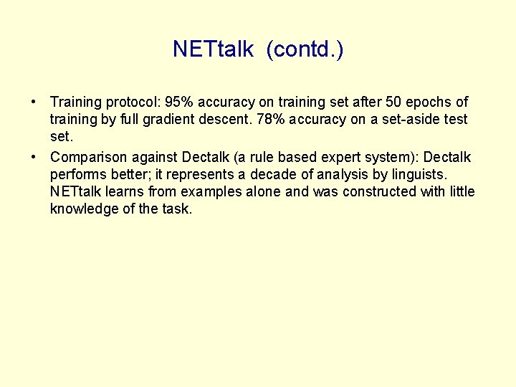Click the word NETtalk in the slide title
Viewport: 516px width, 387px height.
point(213,49)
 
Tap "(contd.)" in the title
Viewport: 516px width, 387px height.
point(305,49)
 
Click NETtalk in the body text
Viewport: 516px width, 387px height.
point(75,191)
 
